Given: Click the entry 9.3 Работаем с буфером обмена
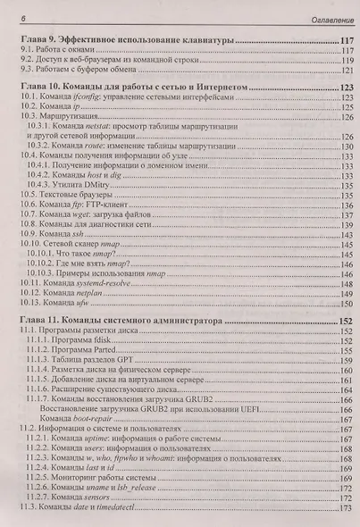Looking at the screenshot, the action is point(88,70).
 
